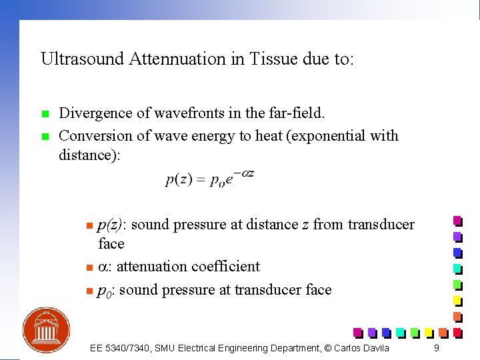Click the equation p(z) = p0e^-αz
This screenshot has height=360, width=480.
click(x=209, y=179)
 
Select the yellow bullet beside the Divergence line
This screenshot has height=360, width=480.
click(x=45, y=114)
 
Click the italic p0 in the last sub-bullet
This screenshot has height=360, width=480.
click(x=104, y=291)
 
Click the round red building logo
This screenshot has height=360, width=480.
click(x=46, y=330)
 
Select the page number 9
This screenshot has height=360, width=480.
click(x=436, y=348)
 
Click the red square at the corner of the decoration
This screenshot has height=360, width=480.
click(x=457, y=331)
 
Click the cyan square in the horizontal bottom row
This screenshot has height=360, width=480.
click(x=400, y=331)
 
